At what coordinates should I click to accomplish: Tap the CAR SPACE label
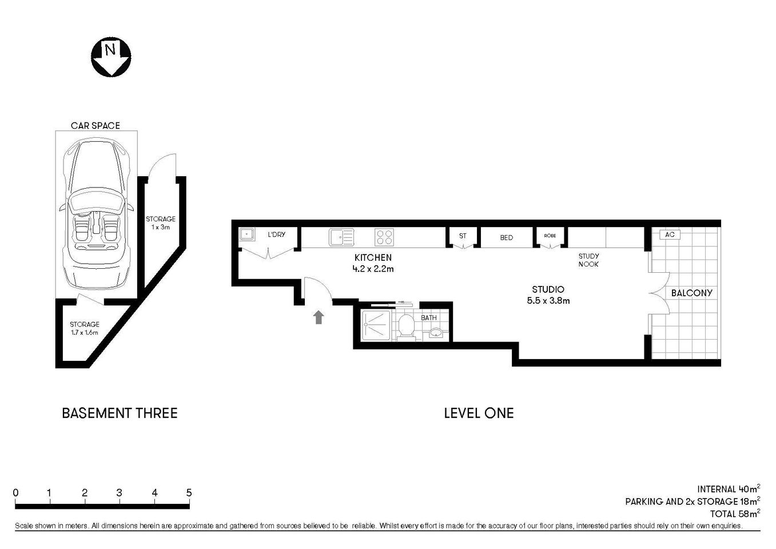[x=95, y=125]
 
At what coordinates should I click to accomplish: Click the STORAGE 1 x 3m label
[x=161, y=222]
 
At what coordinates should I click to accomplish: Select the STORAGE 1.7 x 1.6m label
[x=85, y=328]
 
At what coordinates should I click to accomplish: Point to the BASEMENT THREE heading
[x=120, y=413]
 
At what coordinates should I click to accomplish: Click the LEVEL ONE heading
[x=479, y=413]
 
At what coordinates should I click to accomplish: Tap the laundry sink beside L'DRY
[x=247, y=234]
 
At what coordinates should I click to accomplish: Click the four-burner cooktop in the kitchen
[x=384, y=236]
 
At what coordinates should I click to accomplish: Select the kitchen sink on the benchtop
[x=341, y=236]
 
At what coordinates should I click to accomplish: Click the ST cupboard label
[x=463, y=236]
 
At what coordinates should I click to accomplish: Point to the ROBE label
[x=550, y=236]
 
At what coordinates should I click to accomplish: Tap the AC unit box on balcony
[x=670, y=234]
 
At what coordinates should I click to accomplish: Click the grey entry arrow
[x=319, y=317]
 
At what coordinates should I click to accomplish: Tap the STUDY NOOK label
[x=588, y=260]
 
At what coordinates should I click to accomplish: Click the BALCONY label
[x=691, y=293]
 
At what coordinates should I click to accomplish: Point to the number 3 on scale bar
[x=119, y=493]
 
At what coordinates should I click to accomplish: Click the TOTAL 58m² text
[x=734, y=514]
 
